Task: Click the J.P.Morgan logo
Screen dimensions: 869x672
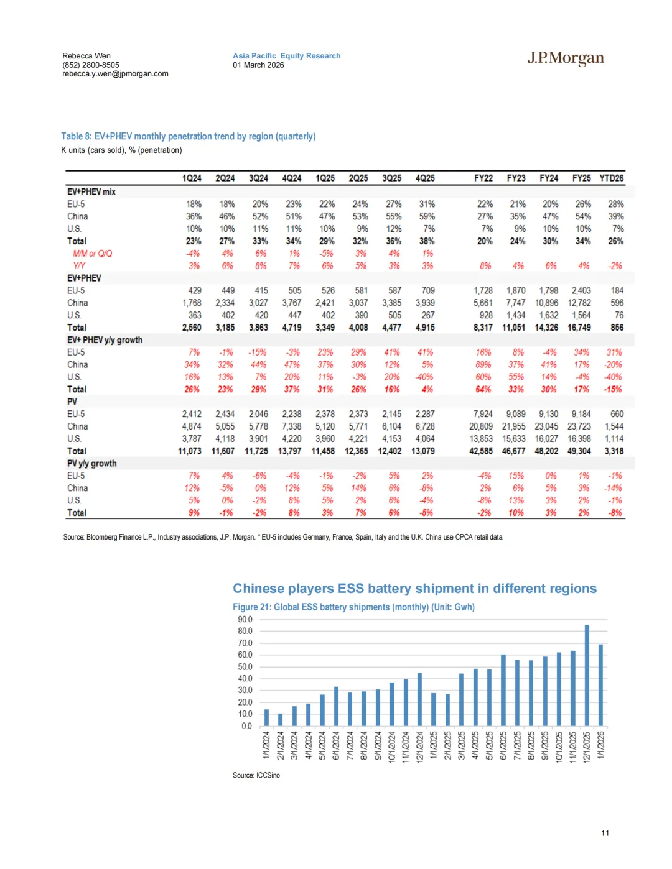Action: coord(566,58)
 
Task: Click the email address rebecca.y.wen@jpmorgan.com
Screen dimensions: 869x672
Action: coord(115,74)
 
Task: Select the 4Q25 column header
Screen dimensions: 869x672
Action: coord(425,178)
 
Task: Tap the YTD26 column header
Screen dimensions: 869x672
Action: coord(611,178)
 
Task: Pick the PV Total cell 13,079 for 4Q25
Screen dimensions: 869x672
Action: coord(423,451)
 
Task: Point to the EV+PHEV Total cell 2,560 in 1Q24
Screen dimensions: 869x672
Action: coord(192,328)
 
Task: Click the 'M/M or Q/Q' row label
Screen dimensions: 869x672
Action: coord(92,254)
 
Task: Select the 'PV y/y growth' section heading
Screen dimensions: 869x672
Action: coord(91,464)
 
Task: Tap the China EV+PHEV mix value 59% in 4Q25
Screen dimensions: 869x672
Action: coord(427,217)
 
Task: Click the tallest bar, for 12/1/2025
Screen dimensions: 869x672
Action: coord(587,676)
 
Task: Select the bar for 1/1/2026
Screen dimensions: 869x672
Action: coord(600,685)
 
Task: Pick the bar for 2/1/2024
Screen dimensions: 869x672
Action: coord(280,720)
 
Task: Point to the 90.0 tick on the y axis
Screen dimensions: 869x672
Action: coord(245,620)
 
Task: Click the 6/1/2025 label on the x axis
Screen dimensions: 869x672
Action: coord(503,745)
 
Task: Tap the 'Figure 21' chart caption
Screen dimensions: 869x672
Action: coord(353,607)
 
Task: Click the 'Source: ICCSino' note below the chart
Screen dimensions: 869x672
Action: coord(256,776)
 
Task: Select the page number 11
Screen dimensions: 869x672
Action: coord(605,834)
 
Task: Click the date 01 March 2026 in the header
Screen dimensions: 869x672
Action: coord(258,65)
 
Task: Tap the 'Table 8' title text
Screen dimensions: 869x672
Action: coord(188,137)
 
